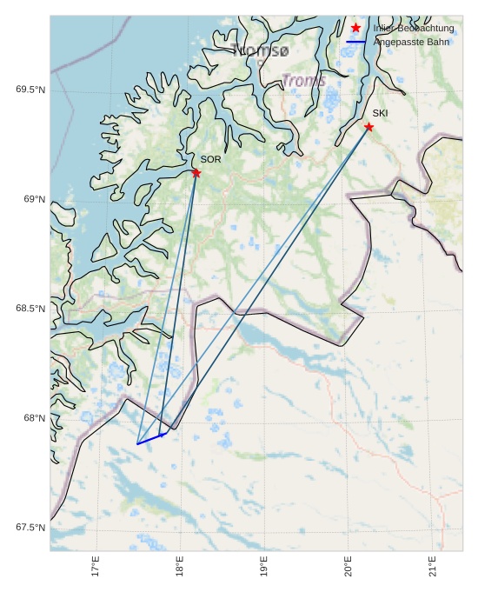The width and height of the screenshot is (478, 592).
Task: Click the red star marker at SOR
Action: pyautogui.click(x=196, y=173)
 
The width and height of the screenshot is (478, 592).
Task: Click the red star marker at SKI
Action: pyautogui.click(x=368, y=127)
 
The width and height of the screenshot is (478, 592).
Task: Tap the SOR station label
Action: pyautogui.click(x=210, y=159)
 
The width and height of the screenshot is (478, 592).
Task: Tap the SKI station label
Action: pyautogui.click(x=380, y=113)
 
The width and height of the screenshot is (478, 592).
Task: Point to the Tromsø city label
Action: pyautogui.click(x=260, y=50)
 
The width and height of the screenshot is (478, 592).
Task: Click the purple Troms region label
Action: pyautogui.click(x=303, y=81)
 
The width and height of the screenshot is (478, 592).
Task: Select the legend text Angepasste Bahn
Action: pyautogui.click(x=412, y=42)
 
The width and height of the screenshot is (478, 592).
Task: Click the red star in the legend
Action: pyautogui.click(x=355, y=28)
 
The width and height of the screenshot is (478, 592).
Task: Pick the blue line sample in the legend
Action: pyautogui.click(x=355, y=42)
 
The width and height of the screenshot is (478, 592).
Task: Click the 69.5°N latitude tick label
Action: pyautogui.click(x=30, y=90)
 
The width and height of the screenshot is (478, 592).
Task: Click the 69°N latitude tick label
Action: pyautogui.click(x=34, y=200)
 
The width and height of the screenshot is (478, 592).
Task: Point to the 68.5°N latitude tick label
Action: pyautogui.click(x=30, y=309)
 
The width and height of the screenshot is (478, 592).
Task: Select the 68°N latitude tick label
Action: pyautogui.click(x=34, y=418)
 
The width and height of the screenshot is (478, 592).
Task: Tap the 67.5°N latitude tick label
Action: pyautogui.click(x=30, y=528)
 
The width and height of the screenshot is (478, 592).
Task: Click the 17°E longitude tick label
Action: pyautogui.click(x=96, y=568)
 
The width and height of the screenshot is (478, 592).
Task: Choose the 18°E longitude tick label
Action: pyautogui.click(x=180, y=568)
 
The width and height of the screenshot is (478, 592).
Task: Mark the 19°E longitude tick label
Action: pyautogui.click(x=264, y=568)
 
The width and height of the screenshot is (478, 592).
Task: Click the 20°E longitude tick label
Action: pyautogui.click(x=349, y=568)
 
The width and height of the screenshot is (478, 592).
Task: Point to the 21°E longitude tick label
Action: pyautogui.click(x=433, y=568)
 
